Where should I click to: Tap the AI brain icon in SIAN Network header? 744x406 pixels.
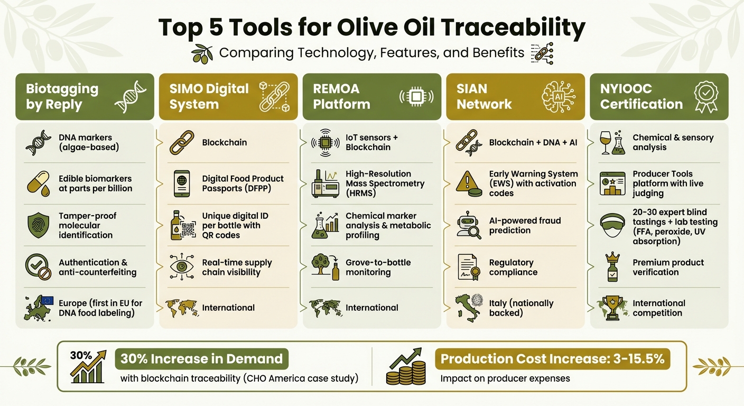tap(559, 97)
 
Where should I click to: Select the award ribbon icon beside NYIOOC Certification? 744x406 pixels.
tap(705, 97)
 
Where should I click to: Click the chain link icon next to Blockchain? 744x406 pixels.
tap(181, 143)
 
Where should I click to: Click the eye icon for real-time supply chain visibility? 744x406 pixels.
tap(181, 267)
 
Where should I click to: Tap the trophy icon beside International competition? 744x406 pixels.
tap(612, 308)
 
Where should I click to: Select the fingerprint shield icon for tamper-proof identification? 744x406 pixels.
tap(38, 225)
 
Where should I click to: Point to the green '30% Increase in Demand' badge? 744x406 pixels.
tap(201, 359)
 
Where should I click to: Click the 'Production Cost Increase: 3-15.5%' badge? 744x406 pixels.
tap(552, 359)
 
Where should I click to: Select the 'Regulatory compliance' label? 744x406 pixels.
tap(513, 267)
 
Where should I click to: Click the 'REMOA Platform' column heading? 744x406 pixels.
tap(341, 96)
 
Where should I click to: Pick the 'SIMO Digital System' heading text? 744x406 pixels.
tap(209, 96)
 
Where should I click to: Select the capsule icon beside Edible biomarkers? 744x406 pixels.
tap(38, 183)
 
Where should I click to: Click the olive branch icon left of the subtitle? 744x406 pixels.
tap(202, 53)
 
